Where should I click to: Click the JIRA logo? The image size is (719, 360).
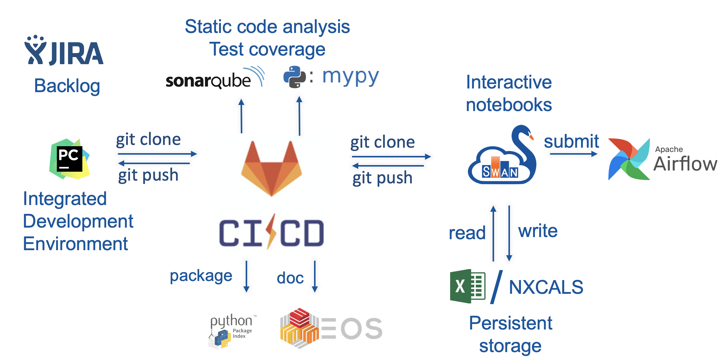pos(64,50)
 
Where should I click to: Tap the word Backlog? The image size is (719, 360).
pos(67,86)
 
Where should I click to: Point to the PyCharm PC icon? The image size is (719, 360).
pos(70,159)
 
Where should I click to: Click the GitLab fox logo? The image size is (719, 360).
pos(271,168)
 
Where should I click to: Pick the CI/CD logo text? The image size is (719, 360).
pos(271,232)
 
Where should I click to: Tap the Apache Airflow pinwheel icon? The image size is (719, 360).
pos(629,159)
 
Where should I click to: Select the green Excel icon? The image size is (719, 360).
pos(468,286)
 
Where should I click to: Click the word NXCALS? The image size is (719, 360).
pos(546,287)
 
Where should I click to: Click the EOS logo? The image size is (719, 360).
pos(331,328)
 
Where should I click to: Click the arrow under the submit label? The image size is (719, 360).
pos(574,154)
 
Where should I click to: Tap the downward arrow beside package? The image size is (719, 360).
pos(247,276)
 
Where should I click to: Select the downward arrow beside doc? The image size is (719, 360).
pos(315,276)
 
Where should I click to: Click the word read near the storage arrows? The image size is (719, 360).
pos(467,233)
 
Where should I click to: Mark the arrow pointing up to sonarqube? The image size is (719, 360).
pos(241,116)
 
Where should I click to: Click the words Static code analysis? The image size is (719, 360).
pos(267,27)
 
